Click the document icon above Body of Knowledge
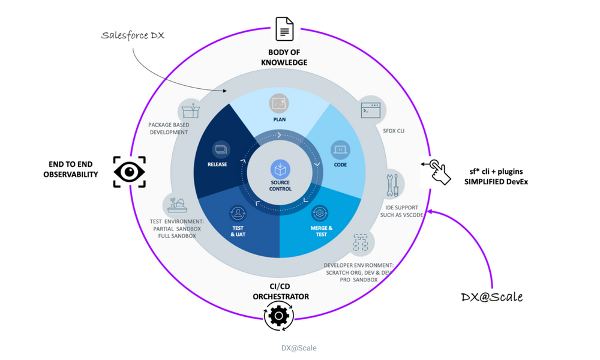284,29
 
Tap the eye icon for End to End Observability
130,172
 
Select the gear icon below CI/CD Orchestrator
278,315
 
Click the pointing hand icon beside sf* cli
437,172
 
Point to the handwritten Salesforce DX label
133,36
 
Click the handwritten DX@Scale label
491,297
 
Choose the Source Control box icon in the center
280,169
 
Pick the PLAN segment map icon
279,103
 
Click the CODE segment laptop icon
340,149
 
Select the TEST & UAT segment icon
238,213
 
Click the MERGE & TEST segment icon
320,212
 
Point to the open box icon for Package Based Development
190,110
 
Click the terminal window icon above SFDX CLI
370,110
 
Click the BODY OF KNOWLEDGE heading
284,58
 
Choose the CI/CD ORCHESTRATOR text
281,292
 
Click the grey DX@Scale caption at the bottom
299,348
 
